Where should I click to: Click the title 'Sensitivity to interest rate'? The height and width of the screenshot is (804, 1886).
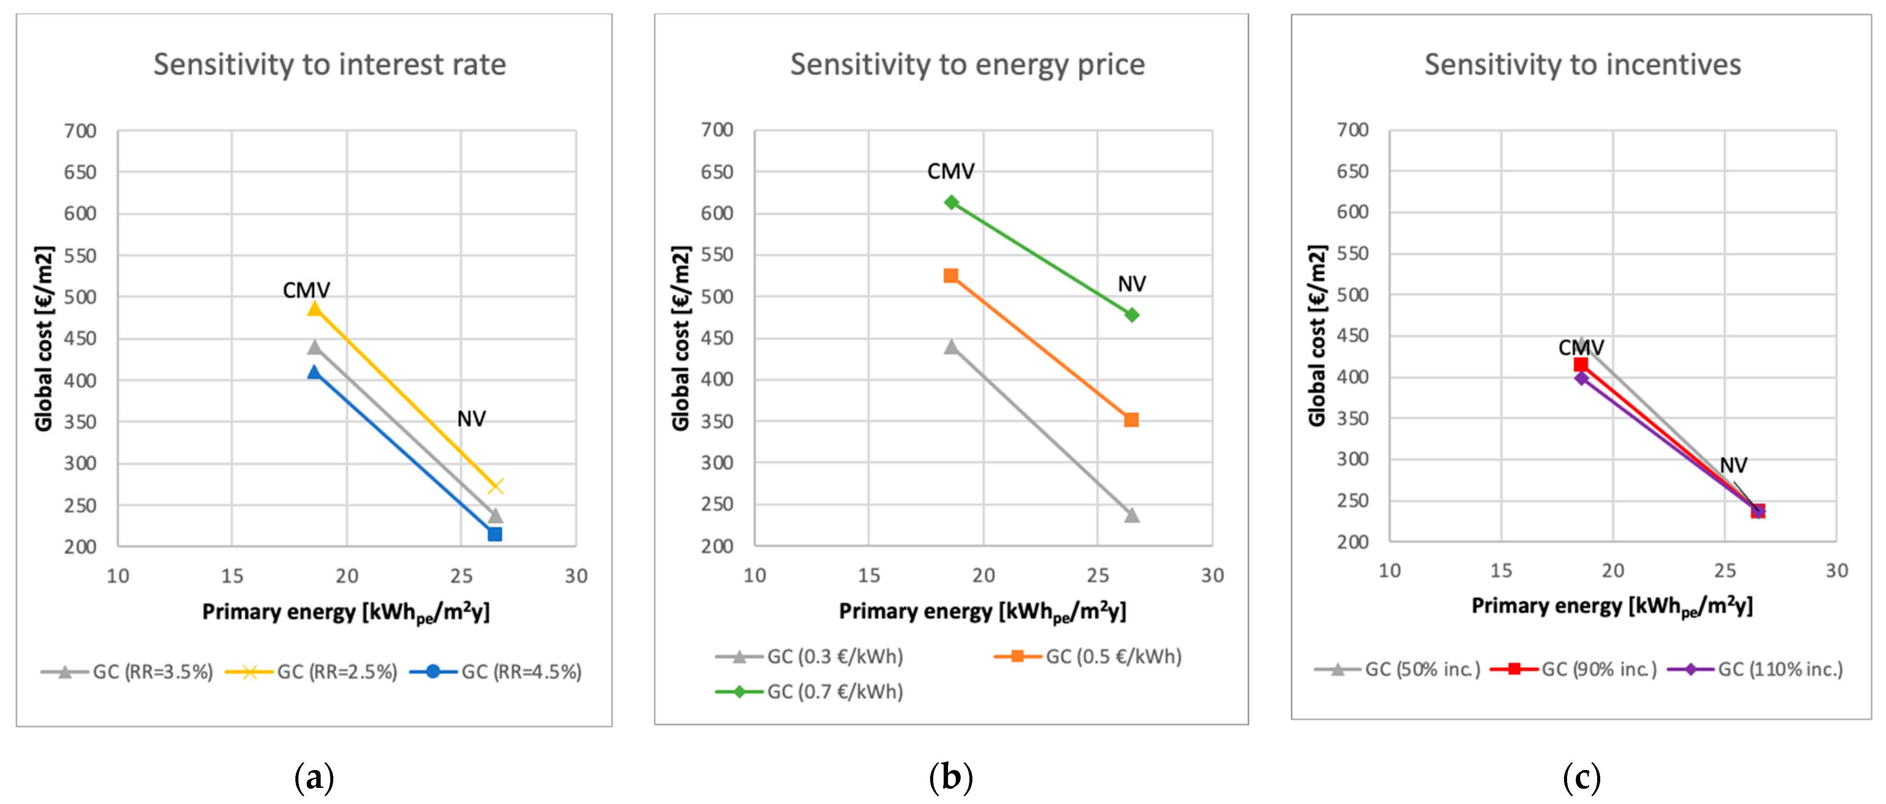[329, 64]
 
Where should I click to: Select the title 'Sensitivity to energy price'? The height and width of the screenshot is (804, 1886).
[967, 64]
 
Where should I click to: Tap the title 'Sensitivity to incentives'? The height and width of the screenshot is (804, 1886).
[1582, 64]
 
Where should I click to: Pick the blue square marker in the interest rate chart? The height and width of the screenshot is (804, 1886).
[495, 534]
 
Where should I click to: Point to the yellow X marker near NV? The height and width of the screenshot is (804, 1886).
[496, 486]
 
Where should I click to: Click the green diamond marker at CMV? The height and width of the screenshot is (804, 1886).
[951, 202]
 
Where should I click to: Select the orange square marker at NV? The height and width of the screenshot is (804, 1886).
[1131, 419]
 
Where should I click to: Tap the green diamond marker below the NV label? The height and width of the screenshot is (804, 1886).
[1132, 315]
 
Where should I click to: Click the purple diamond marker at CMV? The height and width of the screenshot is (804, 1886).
[1581, 378]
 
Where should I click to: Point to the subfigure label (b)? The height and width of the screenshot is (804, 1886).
[950, 777]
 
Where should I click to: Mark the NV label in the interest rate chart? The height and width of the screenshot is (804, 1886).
[471, 419]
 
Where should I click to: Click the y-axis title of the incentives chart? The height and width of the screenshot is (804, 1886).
[1317, 335]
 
